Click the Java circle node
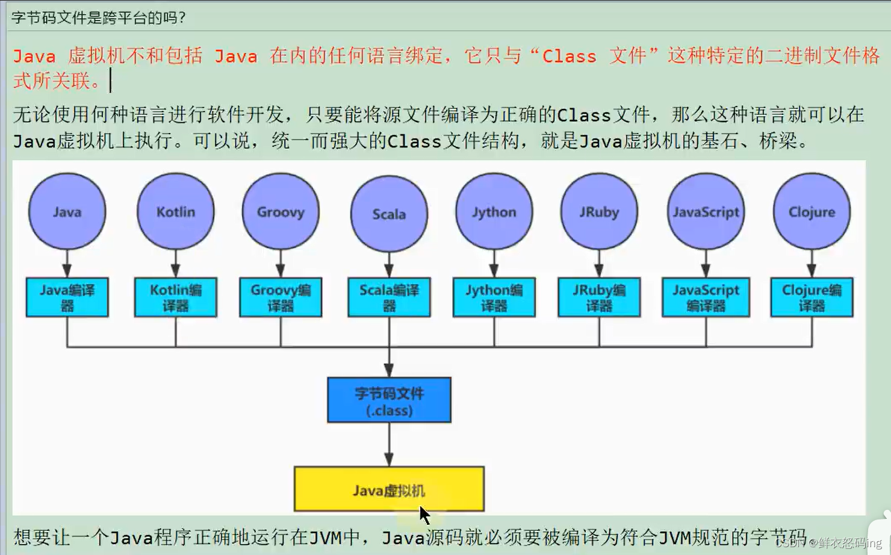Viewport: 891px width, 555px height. [67, 211]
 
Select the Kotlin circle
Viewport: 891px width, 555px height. [175, 211]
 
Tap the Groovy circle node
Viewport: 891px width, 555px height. [281, 211]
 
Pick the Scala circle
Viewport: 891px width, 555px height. [389, 214]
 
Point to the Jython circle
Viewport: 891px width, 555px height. [494, 211]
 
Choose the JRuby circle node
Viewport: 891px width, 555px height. [599, 211]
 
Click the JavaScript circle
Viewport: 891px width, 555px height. [706, 211]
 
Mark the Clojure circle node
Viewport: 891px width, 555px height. [812, 211]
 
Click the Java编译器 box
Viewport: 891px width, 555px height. [67, 297]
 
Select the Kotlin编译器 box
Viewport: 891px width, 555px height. [175, 297]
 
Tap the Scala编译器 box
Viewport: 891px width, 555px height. [389, 297]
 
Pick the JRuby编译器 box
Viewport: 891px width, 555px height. [599, 297]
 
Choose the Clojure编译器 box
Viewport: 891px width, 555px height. [812, 297]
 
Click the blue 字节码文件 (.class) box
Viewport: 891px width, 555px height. [389, 400]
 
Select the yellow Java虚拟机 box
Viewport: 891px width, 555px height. [389, 489]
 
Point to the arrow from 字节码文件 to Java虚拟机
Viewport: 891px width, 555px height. [389, 444]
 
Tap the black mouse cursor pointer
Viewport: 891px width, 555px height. [424, 516]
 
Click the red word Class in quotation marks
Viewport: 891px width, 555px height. [569, 57]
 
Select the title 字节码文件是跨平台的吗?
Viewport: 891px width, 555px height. [99, 17]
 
